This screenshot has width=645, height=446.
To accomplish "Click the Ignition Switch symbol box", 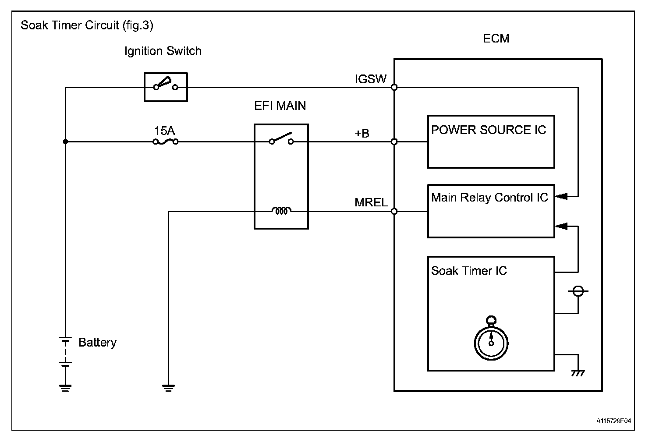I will click(166, 87).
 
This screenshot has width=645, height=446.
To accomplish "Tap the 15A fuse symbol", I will click(166, 142).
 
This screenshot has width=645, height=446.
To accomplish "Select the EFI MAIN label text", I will click(280, 106).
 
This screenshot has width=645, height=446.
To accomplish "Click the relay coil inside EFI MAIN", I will click(281, 211).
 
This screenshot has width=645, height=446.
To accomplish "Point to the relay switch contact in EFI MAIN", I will click(281, 139).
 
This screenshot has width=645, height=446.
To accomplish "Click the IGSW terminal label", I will click(371, 79).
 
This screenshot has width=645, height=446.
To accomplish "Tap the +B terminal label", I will click(362, 133).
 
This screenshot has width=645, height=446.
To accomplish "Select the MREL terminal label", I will click(371, 203).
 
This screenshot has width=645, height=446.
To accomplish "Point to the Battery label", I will click(97, 343).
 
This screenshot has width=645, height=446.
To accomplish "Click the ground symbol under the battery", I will click(66, 387).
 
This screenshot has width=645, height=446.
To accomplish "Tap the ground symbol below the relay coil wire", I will click(168, 387).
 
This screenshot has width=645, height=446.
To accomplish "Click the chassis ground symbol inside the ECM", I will click(578, 373).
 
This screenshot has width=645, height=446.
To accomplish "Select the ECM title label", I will click(496, 39).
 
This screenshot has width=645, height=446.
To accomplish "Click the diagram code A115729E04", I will click(613, 421).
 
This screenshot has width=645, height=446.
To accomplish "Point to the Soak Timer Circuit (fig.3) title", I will click(87, 25).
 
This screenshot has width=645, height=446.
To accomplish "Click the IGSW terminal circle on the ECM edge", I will click(394, 87).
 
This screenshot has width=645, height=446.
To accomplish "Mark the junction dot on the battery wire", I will click(66, 142).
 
